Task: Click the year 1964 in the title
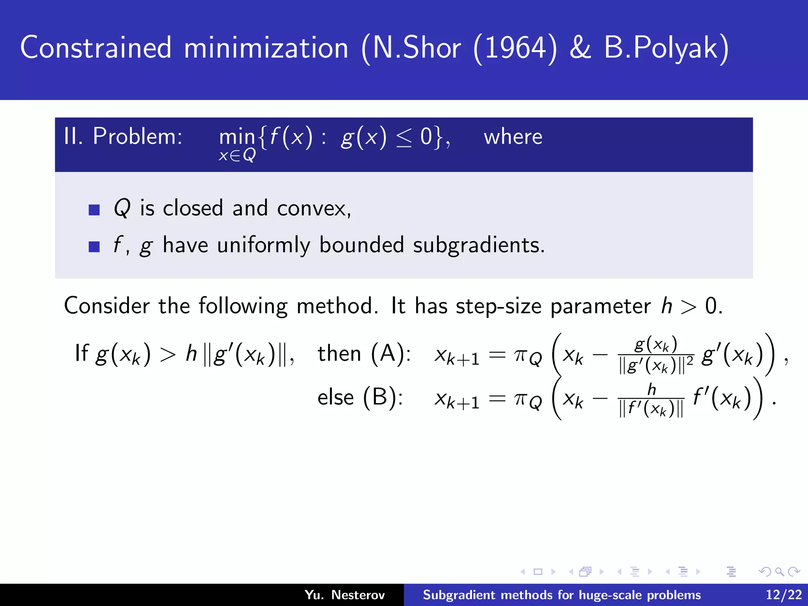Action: tap(515, 48)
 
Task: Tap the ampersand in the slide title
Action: tap(580, 48)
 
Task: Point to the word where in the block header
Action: tap(513, 137)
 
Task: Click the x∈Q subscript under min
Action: tap(237, 156)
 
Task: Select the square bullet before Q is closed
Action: tap(94, 209)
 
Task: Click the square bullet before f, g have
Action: tap(94, 247)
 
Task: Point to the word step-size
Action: tap(498, 306)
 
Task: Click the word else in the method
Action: tap(335, 397)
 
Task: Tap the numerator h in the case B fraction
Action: tap(651, 389)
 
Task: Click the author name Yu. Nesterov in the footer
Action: tap(344, 595)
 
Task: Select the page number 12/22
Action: tap(784, 595)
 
